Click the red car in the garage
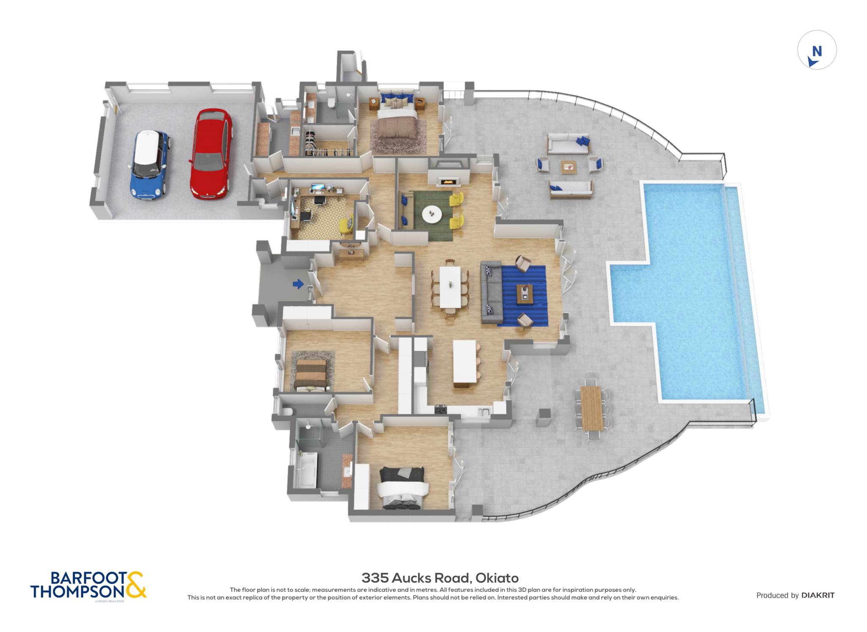211,154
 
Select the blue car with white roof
149,165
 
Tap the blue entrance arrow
298,284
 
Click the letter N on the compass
817,52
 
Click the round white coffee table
432,214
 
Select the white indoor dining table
450,287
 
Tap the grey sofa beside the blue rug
491,293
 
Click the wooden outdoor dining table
591,408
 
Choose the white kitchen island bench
465,363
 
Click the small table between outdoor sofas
569,167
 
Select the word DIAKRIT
818,595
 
